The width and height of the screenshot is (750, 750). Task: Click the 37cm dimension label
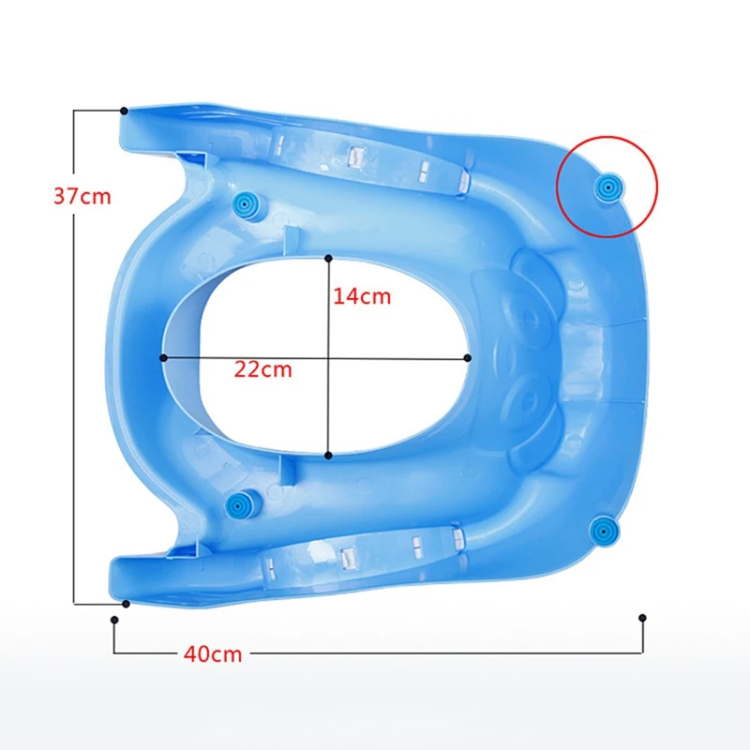click(x=82, y=196)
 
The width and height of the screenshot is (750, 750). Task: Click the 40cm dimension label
click(x=213, y=653)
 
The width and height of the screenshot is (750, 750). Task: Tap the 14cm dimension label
click(x=362, y=296)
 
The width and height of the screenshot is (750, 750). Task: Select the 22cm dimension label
click(x=262, y=369)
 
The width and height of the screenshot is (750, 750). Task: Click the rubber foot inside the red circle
click(x=607, y=187)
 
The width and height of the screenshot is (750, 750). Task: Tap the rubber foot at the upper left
click(x=246, y=204)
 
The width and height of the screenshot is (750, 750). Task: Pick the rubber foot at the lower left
click(x=238, y=504)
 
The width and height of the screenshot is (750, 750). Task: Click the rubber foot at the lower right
click(x=604, y=531)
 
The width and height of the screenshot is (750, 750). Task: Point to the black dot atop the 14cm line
click(x=328, y=259)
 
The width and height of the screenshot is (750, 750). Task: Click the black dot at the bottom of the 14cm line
click(x=328, y=456)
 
